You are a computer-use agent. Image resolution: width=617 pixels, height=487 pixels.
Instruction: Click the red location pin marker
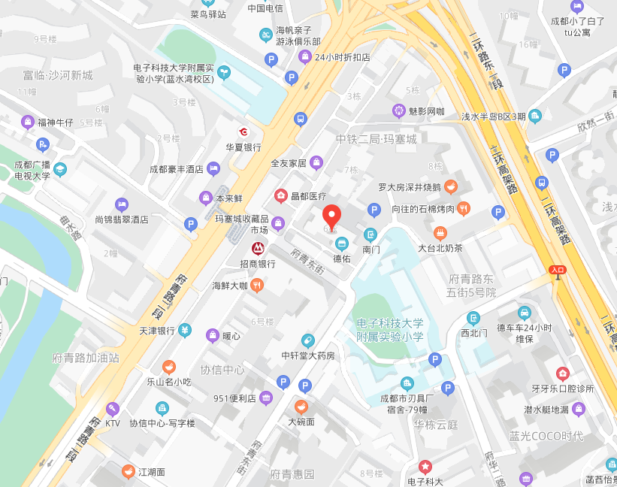[x=332, y=215]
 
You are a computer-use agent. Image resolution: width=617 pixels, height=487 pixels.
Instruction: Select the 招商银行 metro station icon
[x=257, y=247]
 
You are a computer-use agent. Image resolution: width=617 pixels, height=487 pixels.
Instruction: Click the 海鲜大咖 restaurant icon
[x=257, y=285]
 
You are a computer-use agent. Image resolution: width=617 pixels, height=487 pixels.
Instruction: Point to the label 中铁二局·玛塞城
[x=376, y=139]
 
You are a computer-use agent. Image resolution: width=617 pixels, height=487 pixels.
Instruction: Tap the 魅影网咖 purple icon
[x=398, y=111]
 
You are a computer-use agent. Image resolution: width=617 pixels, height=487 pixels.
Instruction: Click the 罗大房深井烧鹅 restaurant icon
[x=451, y=186]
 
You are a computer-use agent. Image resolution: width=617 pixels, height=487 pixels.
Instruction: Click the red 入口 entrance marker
[x=557, y=269]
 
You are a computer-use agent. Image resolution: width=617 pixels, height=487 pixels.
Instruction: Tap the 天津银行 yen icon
[x=185, y=331]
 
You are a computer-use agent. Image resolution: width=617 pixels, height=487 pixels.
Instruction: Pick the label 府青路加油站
[x=86, y=358]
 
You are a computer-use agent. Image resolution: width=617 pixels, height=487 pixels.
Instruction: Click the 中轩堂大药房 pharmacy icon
[x=307, y=340]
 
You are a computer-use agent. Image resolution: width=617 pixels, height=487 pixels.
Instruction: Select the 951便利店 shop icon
[x=265, y=398]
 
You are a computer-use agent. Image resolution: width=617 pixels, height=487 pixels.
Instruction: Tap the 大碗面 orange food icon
[x=301, y=407]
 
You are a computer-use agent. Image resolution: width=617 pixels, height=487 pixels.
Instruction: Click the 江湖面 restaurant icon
[x=129, y=472]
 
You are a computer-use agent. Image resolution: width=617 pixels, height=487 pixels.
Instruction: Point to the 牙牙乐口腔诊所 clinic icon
[x=562, y=374]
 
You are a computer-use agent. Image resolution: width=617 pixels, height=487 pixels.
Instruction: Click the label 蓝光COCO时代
[x=546, y=437]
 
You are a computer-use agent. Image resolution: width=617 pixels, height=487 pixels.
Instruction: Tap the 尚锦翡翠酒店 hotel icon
[x=121, y=204]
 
